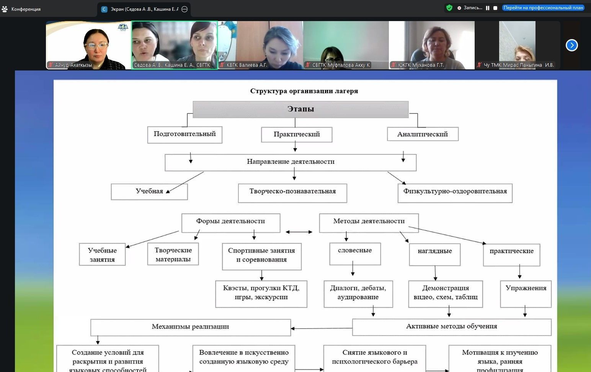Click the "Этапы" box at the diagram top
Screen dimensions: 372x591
pyautogui.click(x=300, y=109)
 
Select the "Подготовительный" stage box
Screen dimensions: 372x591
pyautogui.click(x=184, y=134)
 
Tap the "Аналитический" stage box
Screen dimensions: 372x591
pyautogui.click(x=423, y=134)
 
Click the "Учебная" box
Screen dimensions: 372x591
pyautogui.click(x=149, y=192)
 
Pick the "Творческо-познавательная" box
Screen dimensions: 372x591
pyautogui.click(x=292, y=192)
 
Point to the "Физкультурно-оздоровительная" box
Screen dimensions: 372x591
pyautogui.click(x=455, y=192)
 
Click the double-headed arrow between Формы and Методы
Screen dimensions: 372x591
pyautogui.click(x=299, y=232)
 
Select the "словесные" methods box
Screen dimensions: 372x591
pyautogui.click(x=355, y=253)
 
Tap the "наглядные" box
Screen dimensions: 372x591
pyautogui.click(x=435, y=254)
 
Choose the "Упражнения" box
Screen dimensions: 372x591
pyautogui.click(x=526, y=293)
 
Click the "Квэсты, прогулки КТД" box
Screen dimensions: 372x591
pyautogui.click(x=261, y=293)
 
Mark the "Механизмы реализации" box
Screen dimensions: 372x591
pyautogui.click(x=190, y=327)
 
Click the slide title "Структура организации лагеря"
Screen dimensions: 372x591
pyautogui.click(x=304, y=91)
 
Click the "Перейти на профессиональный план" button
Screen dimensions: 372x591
pyautogui.click(x=543, y=8)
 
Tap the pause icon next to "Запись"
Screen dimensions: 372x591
pyautogui.click(x=488, y=8)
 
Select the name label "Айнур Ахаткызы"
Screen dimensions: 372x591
pyautogui.click(x=73, y=65)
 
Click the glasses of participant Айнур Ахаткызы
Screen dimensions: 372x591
pyautogui.click(x=96, y=46)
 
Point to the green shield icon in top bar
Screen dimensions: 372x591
pyautogui.click(x=449, y=8)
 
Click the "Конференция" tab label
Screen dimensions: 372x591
pyautogui.click(x=26, y=9)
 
